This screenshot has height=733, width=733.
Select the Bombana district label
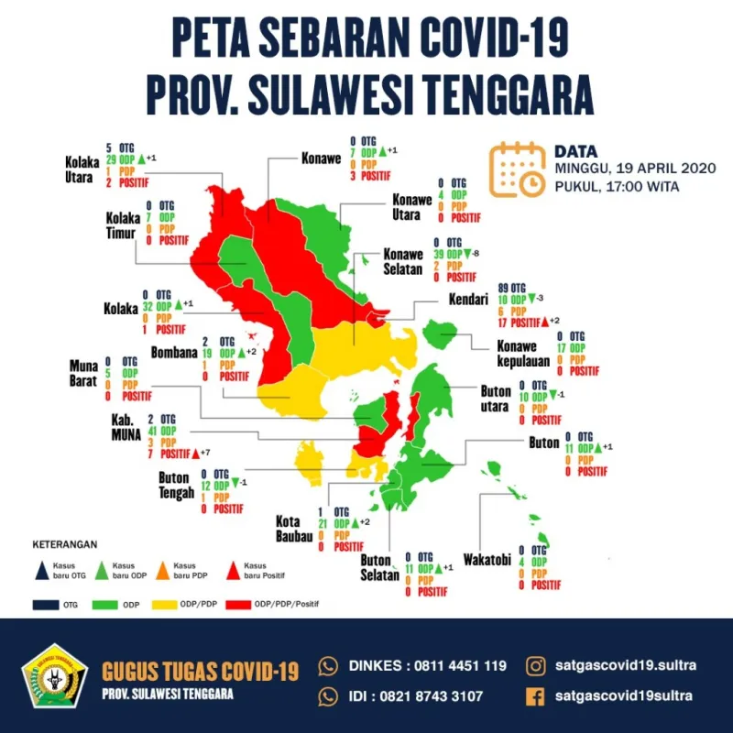[175, 352]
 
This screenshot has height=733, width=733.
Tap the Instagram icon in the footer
[535, 664]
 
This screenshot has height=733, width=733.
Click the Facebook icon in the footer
[535, 695]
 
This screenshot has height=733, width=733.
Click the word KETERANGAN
[65, 543]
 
